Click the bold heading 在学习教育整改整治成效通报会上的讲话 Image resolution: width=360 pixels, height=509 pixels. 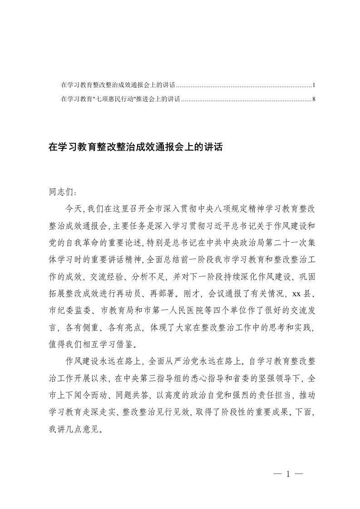coord(135,147)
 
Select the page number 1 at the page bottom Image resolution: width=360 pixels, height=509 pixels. coord(288,475)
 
